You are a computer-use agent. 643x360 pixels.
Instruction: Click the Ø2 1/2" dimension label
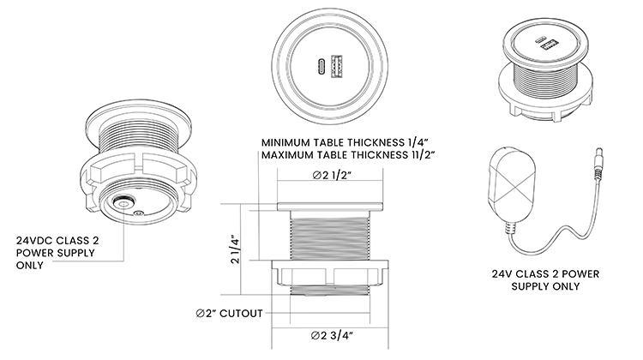tap(332, 176)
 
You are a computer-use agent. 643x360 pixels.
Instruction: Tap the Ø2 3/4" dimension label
tap(332, 335)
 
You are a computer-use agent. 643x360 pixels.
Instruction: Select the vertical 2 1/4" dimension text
tap(235, 249)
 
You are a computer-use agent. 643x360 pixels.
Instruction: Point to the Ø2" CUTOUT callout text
tap(229, 314)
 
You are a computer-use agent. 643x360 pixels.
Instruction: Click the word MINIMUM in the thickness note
tap(285, 142)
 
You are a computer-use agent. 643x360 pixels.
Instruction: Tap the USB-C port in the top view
tap(321, 66)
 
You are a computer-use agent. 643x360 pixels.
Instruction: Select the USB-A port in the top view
tap(336, 66)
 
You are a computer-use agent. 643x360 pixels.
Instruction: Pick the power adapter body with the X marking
tap(512, 184)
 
